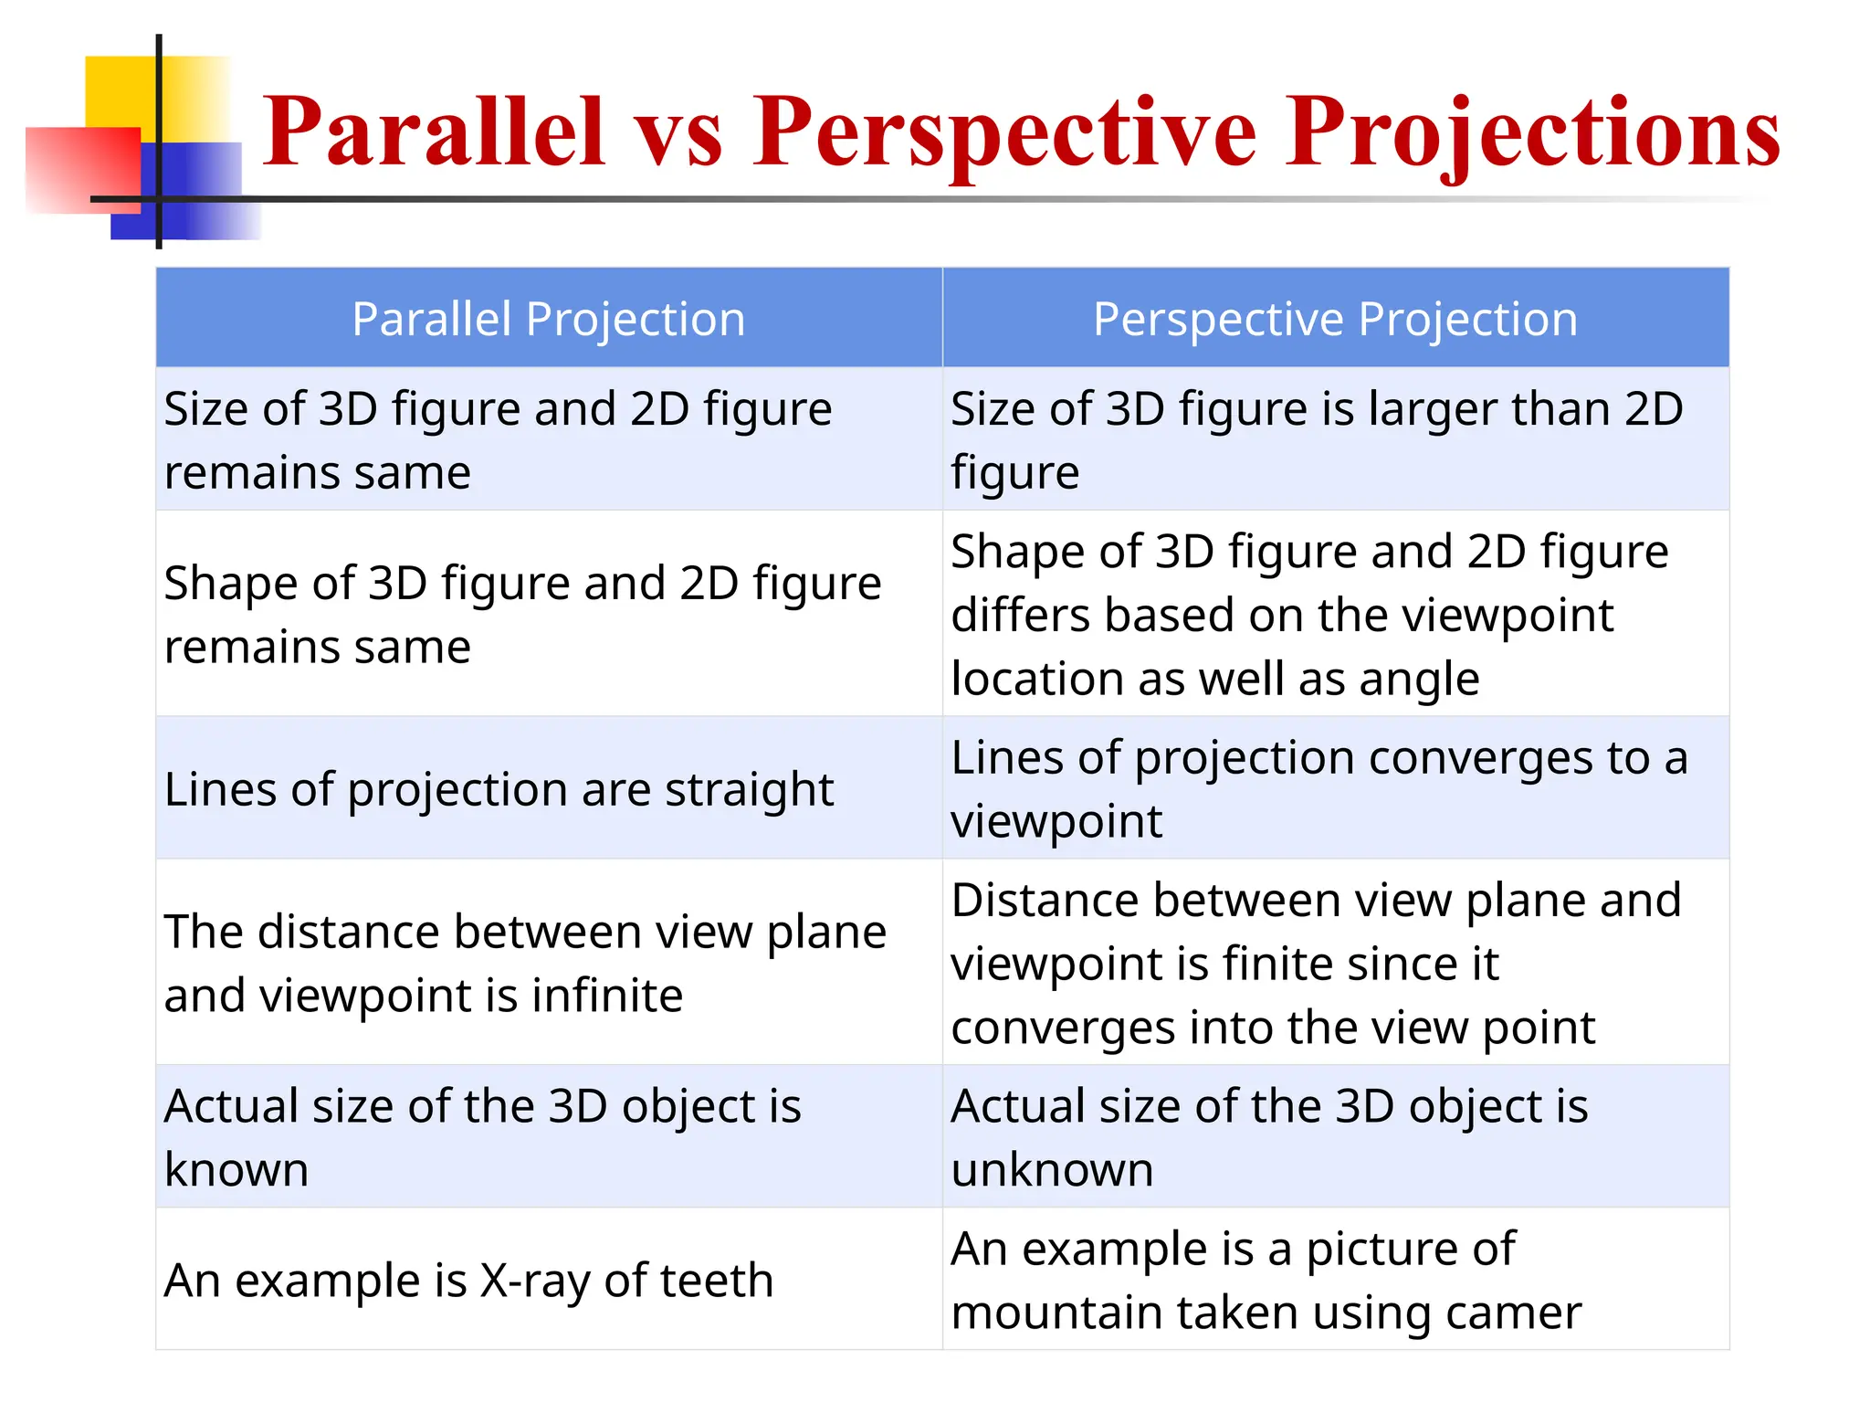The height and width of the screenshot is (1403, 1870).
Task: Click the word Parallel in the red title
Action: pyautogui.click(x=434, y=132)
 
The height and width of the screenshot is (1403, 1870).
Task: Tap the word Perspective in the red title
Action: pyautogui.click(x=1004, y=132)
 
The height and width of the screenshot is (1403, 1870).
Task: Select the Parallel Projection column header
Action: pyautogui.click(x=549, y=319)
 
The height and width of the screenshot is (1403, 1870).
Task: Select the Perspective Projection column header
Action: pyautogui.click(x=1335, y=319)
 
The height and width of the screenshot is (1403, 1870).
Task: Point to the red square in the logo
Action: pyautogui.click(x=82, y=169)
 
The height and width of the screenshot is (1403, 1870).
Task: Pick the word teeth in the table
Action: pyautogui.click(x=725, y=1281)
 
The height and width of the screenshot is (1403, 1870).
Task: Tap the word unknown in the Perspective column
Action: pyautogui.click(x=1052, y=1170)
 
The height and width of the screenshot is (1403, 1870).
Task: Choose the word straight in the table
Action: pyautogui.click(x=749, y=789)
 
